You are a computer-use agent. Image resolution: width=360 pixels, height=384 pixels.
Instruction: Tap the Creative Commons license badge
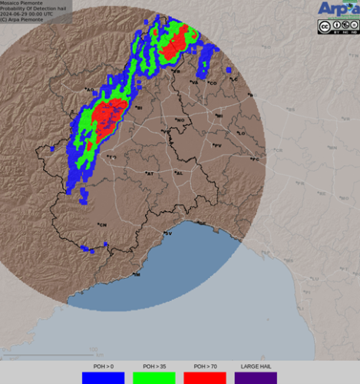337,27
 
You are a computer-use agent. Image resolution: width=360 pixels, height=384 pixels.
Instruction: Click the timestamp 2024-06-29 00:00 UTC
27,14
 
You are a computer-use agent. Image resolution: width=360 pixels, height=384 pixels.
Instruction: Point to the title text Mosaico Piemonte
20,3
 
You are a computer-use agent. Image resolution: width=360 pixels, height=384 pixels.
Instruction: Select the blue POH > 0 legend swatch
103,378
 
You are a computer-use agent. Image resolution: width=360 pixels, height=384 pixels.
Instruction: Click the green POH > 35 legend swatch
154,378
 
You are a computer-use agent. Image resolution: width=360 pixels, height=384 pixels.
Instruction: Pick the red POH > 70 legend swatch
205,378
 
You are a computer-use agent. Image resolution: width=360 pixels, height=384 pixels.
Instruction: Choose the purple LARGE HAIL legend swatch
256,378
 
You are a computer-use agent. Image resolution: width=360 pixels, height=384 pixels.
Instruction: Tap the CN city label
101,224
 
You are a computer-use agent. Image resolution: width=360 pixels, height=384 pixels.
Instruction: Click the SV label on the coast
168,233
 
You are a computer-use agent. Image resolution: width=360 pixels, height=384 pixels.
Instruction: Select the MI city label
219,116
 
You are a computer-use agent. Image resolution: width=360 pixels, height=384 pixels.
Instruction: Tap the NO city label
180,120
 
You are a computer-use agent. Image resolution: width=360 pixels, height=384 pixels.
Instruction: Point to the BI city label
139,108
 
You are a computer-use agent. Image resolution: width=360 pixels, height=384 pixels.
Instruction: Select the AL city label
179,173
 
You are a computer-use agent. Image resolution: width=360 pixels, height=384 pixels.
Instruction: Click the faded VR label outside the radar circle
332,146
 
